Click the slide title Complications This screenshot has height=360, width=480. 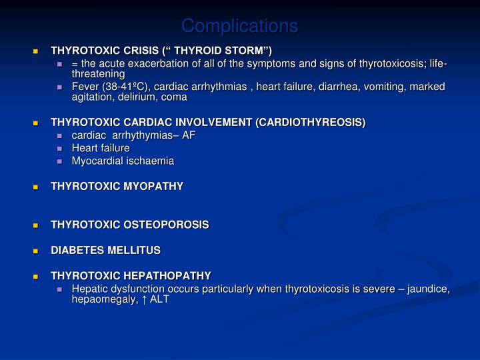click(x=240, y=26)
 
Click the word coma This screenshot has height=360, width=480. click(x=175, y=97)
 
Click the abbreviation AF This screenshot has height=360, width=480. click(x=189, y=135)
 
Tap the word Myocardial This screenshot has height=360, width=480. click(x=95, y=161)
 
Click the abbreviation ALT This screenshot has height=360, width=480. click(x=159, y=299)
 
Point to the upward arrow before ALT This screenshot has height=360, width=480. click(x=144, y=299)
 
